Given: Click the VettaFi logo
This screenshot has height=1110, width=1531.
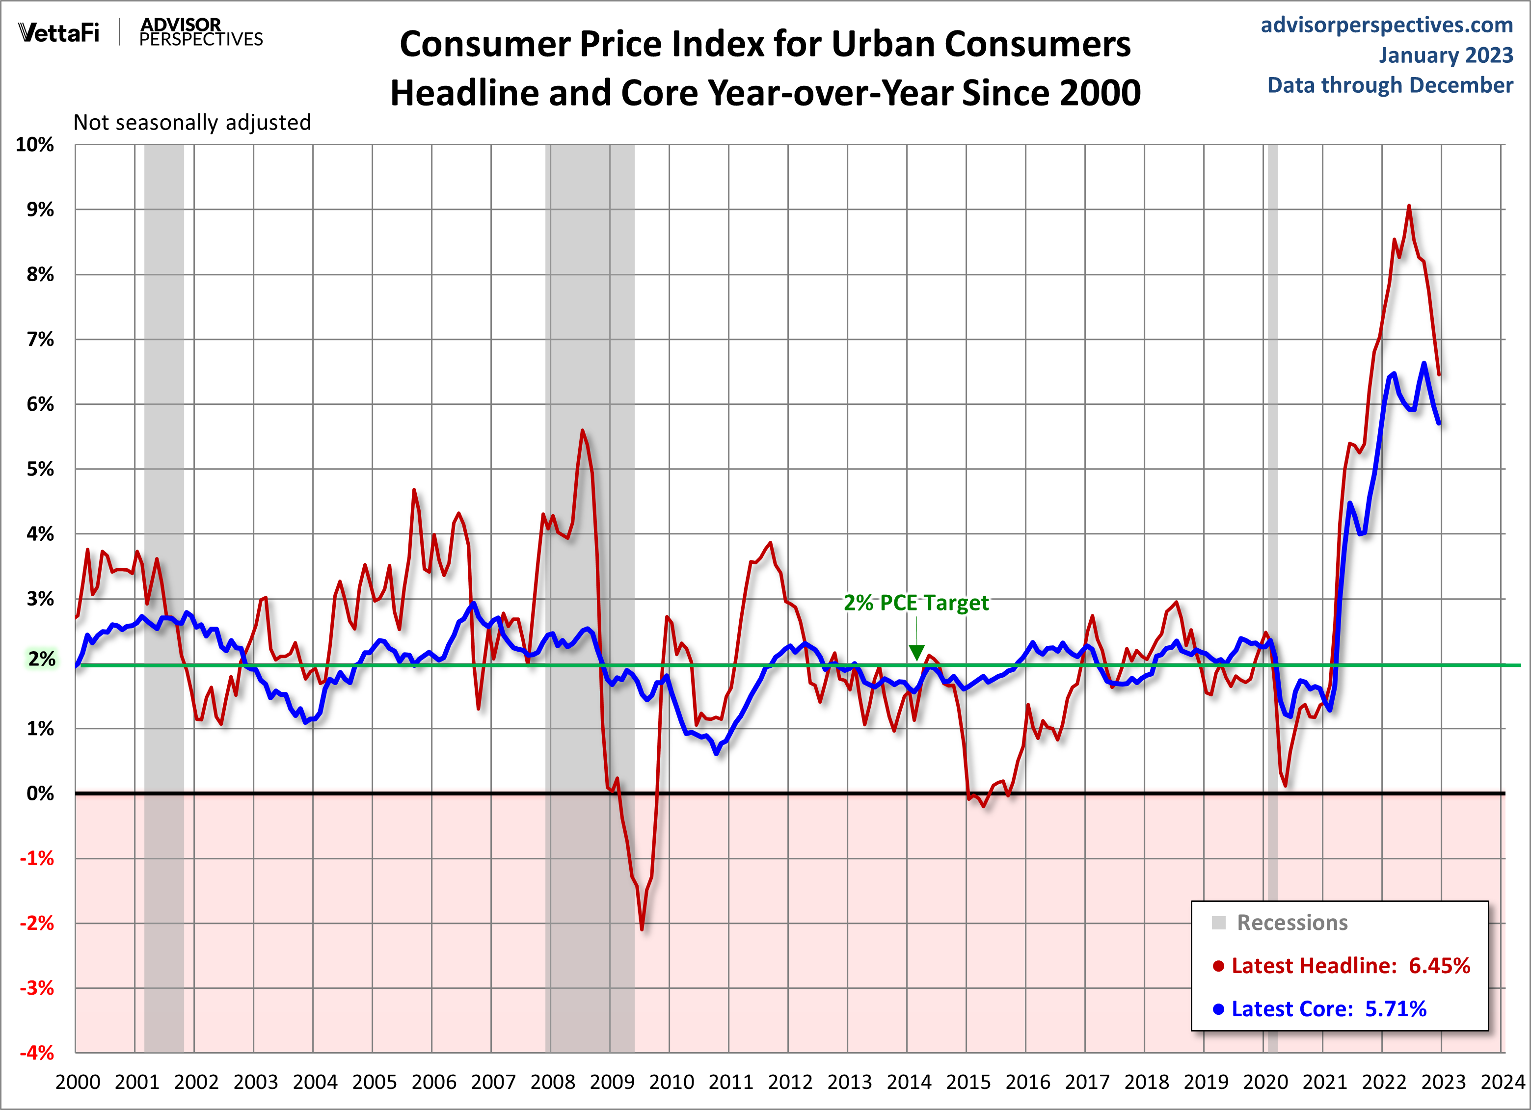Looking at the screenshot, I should [59, 32].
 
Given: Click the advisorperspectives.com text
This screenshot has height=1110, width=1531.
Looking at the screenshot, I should [1387, 25].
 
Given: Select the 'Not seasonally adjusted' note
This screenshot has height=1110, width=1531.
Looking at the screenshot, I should [192, 122].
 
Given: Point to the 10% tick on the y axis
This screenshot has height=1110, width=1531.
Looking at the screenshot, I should [35, 144].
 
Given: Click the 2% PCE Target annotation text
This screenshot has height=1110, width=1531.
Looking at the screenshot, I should [916, 603].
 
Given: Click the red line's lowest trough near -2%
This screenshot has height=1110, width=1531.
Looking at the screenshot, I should [641, 929].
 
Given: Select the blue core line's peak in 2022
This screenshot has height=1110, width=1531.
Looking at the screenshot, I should [1424, 364].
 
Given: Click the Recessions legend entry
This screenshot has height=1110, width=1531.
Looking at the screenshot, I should [1291, 923].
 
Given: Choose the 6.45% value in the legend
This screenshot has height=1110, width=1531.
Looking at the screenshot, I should [1439, 966].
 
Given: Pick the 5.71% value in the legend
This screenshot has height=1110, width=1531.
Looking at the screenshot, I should [1396, 1009].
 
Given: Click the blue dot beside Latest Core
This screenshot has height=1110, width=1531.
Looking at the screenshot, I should [1218, 1009].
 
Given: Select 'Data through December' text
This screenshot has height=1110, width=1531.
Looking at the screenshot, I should [1390, 85].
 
